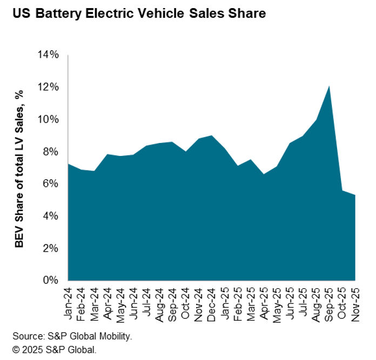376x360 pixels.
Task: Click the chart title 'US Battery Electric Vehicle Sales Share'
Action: [139, 13]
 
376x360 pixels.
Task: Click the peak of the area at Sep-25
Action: [329, 86]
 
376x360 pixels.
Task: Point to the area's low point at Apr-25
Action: [264, 174]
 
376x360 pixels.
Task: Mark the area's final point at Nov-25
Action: [354, 195]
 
